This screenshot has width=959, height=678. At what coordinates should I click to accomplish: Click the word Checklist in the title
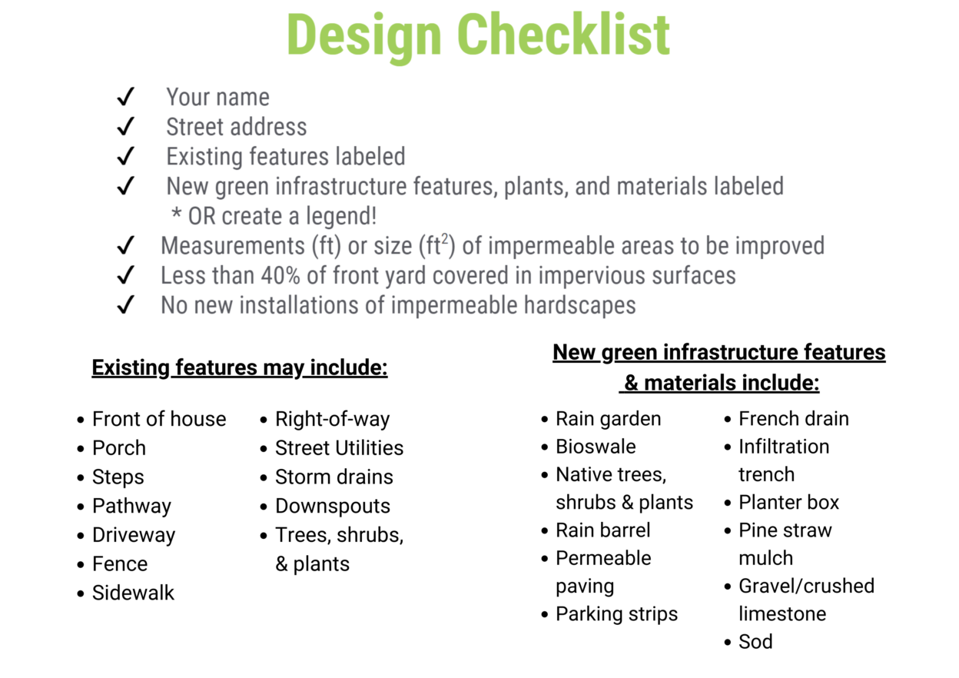563,35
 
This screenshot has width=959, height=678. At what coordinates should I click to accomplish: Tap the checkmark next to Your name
125,98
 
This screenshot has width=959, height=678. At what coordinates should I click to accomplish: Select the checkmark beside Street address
125,127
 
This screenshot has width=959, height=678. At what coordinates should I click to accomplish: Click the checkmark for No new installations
125,305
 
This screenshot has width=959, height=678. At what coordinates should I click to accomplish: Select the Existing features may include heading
240,368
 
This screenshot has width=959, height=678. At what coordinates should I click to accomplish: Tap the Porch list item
118,448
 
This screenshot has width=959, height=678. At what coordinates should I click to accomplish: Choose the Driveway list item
133,535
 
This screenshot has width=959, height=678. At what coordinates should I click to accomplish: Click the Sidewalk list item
133,593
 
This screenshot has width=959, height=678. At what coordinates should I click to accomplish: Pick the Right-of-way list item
332,419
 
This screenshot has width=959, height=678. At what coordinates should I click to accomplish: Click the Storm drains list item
333,477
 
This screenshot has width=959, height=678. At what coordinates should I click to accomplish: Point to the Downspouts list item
332,506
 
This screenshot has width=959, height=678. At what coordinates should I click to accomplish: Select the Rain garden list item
608,419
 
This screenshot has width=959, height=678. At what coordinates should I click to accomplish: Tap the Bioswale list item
596,447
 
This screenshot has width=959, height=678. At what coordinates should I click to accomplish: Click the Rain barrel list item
602,530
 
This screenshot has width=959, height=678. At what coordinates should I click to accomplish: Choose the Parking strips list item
616,614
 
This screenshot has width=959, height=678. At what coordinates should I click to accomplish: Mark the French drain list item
793,419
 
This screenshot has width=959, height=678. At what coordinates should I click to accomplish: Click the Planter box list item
788,503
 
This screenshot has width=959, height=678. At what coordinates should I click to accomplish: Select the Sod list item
755,642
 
